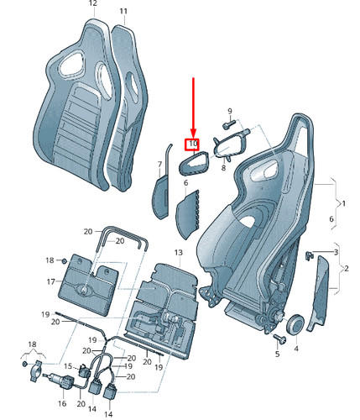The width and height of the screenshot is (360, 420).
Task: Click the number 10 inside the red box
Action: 193,144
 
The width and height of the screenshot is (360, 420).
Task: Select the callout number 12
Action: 93,3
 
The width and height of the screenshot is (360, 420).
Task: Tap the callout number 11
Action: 123,11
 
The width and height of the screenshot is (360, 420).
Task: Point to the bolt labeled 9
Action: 228,124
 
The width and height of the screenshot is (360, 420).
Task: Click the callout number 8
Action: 223,168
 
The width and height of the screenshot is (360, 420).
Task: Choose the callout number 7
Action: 159,165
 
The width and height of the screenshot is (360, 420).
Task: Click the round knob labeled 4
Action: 295,324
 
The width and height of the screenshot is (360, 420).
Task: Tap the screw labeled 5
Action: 279,339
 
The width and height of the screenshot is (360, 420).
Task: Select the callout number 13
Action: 179,253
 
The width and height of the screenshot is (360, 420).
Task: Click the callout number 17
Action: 51,281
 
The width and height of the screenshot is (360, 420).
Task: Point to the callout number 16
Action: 62,403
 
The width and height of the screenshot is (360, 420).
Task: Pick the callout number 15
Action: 68,366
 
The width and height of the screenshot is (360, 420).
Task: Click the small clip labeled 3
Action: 308,255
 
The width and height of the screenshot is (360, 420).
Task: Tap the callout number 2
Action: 347,269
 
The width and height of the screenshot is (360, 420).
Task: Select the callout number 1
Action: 344,203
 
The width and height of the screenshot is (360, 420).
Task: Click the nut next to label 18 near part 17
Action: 64,261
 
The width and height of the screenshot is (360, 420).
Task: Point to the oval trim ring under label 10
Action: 193,163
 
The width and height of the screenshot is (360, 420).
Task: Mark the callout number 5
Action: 277,354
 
